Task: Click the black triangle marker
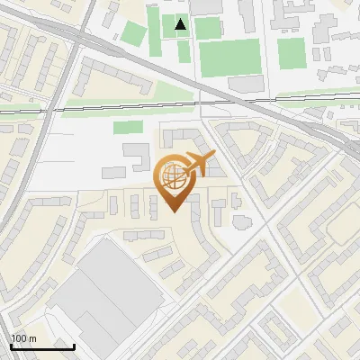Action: [x=181, y=24]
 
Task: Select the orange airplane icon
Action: [x=200, y=163]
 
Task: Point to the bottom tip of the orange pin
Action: [x=175, y=211]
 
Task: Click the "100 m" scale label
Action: [x=23, y=338]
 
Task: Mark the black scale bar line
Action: [x=41, y=346]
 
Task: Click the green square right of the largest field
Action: [x=291, y=53]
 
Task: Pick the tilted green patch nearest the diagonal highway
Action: [x=132, y=34]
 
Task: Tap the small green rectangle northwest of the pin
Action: [x=127, y=127]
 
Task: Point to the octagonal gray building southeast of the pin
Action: [x=240, y=220]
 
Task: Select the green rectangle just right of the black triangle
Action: [x=207, y=28]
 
